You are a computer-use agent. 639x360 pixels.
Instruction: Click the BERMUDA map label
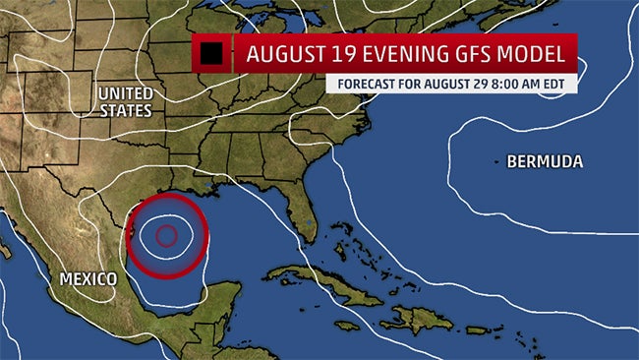click(545, 161)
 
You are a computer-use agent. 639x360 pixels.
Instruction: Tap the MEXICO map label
click(88, 279)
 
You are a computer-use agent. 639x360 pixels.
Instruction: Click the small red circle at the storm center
click(166, 235)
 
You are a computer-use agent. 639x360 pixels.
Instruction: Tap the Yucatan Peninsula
click(217, 300)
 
